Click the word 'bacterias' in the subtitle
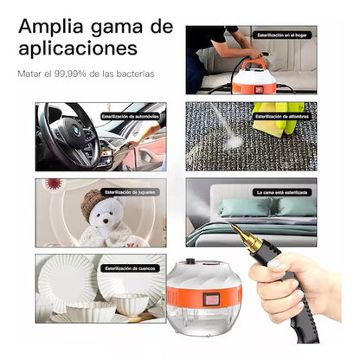pyautogui.click(x=135, y=74)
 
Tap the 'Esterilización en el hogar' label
pyautogui.click(x=282, y=36)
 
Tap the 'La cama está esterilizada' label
pyautogui.click(x=282, y=191)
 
